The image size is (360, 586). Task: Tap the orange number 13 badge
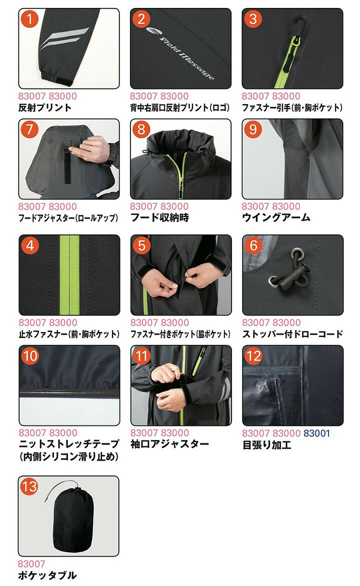[x=29, y=486]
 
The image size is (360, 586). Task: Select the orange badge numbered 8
[x=141, y=130]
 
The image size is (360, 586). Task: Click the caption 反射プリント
[x=44, y=107]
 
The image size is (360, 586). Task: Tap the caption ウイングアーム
[x=276, y=217]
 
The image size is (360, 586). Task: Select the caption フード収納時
[x=159, y=217]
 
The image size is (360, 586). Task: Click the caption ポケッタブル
[x=47, y=575]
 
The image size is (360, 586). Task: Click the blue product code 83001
[x=316, y=433]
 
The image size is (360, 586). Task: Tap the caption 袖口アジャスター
[x=169, y=444]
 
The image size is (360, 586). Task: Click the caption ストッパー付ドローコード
[x=292, y=334]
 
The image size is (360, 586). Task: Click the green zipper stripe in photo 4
[x=69, y=275]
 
